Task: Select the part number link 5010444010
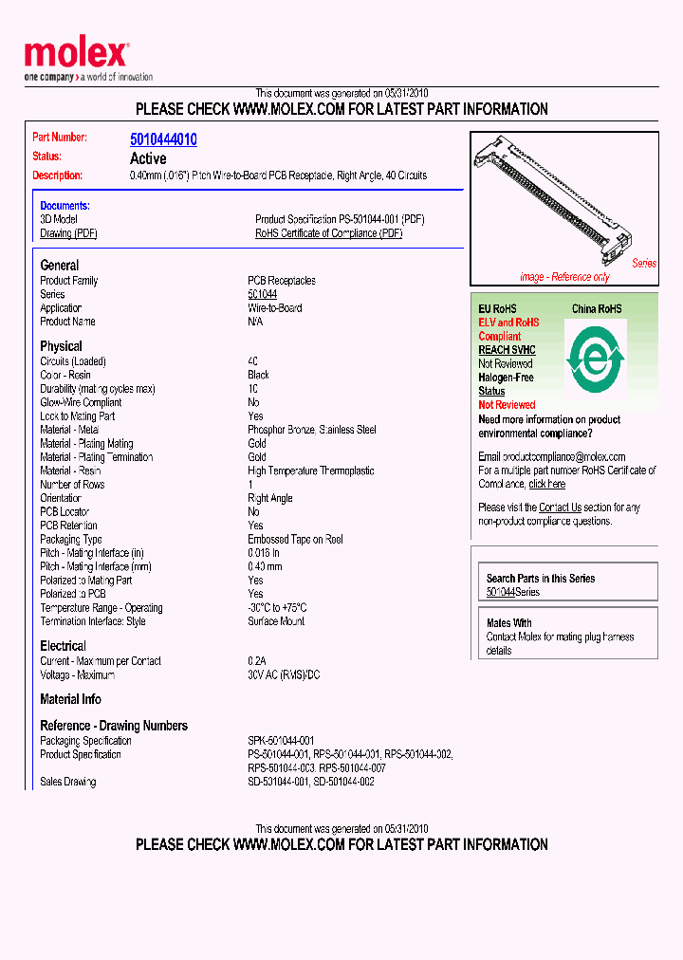163,139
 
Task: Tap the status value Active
148,158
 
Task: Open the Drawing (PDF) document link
68,233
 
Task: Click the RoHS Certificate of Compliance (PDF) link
328,233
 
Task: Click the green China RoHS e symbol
595,360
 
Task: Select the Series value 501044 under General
262,295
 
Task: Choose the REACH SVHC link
507,350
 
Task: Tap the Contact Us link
560,508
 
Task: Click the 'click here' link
547,484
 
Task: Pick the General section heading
60,266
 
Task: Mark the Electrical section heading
63,646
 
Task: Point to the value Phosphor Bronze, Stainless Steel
312,430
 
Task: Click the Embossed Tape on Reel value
295,540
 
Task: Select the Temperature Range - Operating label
102,608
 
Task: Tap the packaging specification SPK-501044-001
281,741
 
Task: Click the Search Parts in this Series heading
541,578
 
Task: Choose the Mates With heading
509,623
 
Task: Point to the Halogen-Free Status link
506,384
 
